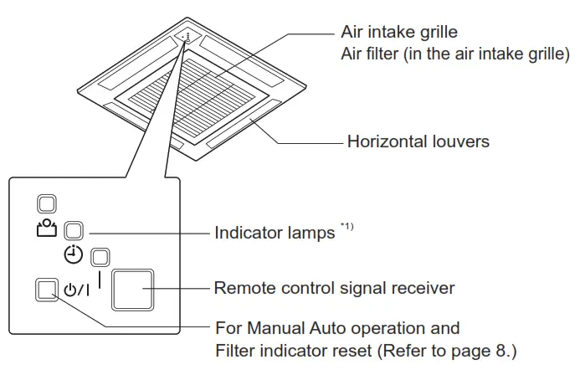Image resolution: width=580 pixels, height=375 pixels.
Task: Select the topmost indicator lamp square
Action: [46, 203]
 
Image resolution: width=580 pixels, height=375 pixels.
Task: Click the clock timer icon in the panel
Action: [75, 255]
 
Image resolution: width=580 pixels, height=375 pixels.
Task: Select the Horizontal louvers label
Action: [418, 141]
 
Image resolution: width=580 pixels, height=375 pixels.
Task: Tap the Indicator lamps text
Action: [275, 233]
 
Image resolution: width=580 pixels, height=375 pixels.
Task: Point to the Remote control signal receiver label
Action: [334, 288]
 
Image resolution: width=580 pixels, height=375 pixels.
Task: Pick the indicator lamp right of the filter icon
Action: [73, 230]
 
